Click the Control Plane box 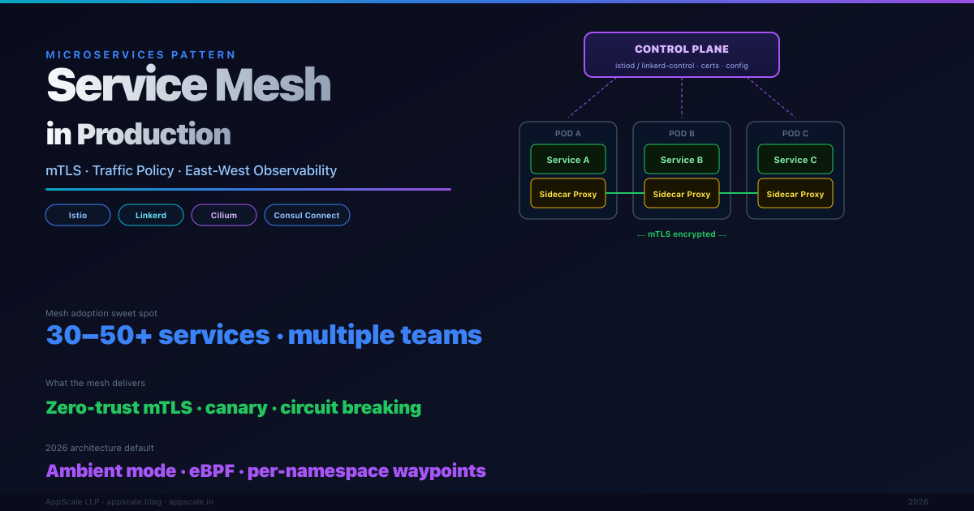coord(682,55)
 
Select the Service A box coord(568,160)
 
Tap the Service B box coord(682,160)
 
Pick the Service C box coord(795,160)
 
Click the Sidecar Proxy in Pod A coord(568,194)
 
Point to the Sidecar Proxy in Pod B coord(682,194)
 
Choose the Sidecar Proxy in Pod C coord(795,194)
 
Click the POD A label coord(568,134)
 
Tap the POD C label coord(795,134)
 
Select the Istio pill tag coord(78,215)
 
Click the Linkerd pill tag coord(151,215)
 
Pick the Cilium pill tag coord(224,215)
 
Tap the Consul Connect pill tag coord(307,215)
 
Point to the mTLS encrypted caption coord(682,234)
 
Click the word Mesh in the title coord(274,84)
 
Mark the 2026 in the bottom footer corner coord(918,502)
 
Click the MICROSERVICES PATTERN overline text coord(141,55)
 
